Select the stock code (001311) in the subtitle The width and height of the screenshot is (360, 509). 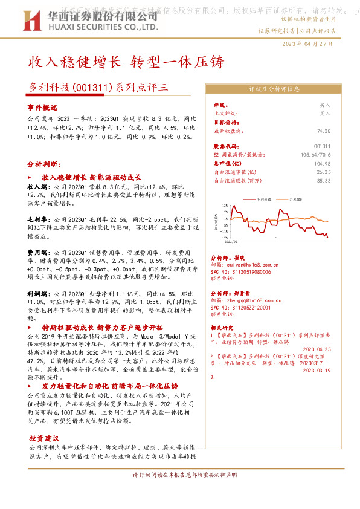91,86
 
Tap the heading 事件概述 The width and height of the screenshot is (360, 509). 41,106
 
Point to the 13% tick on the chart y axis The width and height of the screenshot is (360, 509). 225,206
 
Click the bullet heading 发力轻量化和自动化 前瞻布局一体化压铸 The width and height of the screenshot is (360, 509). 109,386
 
